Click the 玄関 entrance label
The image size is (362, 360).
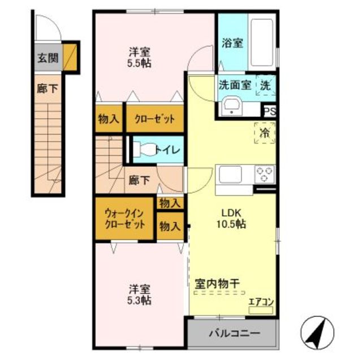point(48,58)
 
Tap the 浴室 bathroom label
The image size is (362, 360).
point(232,43)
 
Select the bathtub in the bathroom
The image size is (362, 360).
point(262,42)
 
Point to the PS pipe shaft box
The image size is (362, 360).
point(270,112)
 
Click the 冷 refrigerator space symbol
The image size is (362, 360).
point(265,133)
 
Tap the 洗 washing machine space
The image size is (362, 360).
point(266,85)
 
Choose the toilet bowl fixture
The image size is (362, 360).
point(145,150)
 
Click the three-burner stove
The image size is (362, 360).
point(265,174)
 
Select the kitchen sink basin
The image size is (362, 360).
point(230,175)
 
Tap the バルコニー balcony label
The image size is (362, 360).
point(234,333)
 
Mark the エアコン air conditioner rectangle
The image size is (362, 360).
point(261,310)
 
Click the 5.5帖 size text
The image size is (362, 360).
point(139,63)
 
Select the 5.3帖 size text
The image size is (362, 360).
point(139,301)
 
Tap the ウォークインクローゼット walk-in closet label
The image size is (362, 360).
point(124,218)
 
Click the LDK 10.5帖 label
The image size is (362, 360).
point(231,218)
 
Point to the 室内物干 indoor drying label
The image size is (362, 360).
point(217,284)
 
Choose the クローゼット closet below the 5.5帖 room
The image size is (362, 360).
point(154,119)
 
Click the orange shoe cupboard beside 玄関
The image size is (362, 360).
point(70,58)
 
